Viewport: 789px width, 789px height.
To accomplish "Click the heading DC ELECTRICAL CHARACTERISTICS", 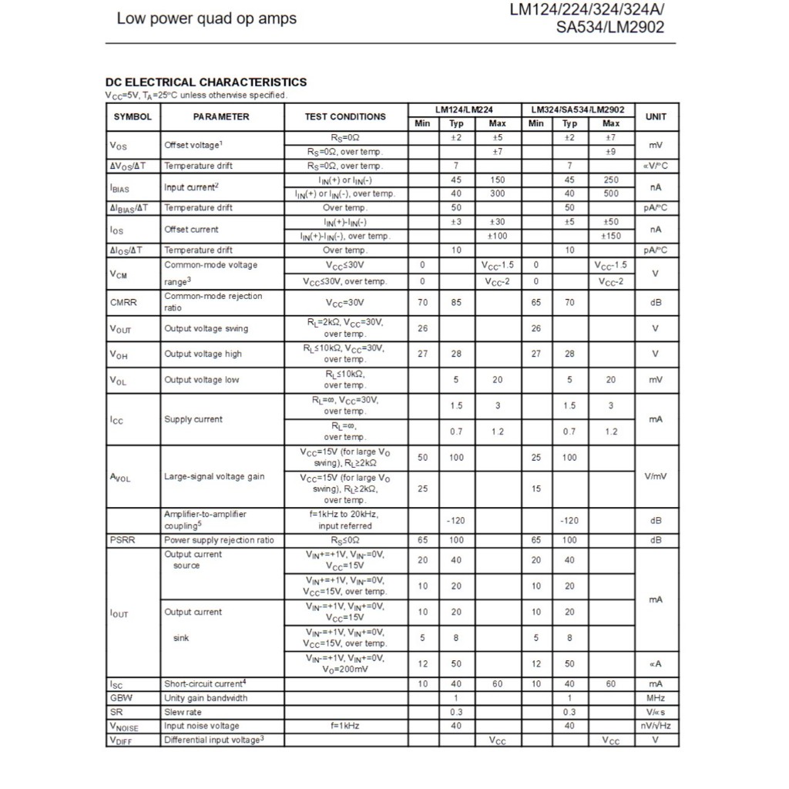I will tap(206, 82).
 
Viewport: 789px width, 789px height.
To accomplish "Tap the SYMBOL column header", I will tap(133, 117).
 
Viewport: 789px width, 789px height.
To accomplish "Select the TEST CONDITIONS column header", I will tap(345, 117).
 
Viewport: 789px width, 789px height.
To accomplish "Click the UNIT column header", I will tap(656, 117).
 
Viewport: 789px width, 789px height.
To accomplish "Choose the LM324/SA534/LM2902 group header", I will tap(577, 110).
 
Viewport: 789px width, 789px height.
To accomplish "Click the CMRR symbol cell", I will tap(123, 303).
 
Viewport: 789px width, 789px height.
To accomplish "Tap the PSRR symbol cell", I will tap(123, 540).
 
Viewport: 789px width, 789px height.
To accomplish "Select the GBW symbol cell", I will tap(121, 698).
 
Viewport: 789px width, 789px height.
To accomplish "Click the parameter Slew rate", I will tap(183, 712).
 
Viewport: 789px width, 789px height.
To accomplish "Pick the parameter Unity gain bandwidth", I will tap(206, 698).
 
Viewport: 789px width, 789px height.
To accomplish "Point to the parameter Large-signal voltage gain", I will tap(214, 476).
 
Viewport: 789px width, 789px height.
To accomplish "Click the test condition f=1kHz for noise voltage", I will tap(345, 726).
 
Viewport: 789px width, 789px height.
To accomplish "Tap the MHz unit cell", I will tap(656, 698).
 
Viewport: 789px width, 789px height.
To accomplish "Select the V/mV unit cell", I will tap(656, 476).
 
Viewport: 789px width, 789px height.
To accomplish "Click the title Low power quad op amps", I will tap(206, 18).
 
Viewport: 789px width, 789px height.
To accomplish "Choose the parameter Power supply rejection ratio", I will tap(219, 540).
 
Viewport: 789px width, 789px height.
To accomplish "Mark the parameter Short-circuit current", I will tap(205, 683).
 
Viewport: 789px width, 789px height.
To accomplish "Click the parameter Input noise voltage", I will tap(202, 726).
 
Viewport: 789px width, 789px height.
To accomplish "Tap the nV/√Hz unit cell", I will tap(656, 726).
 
